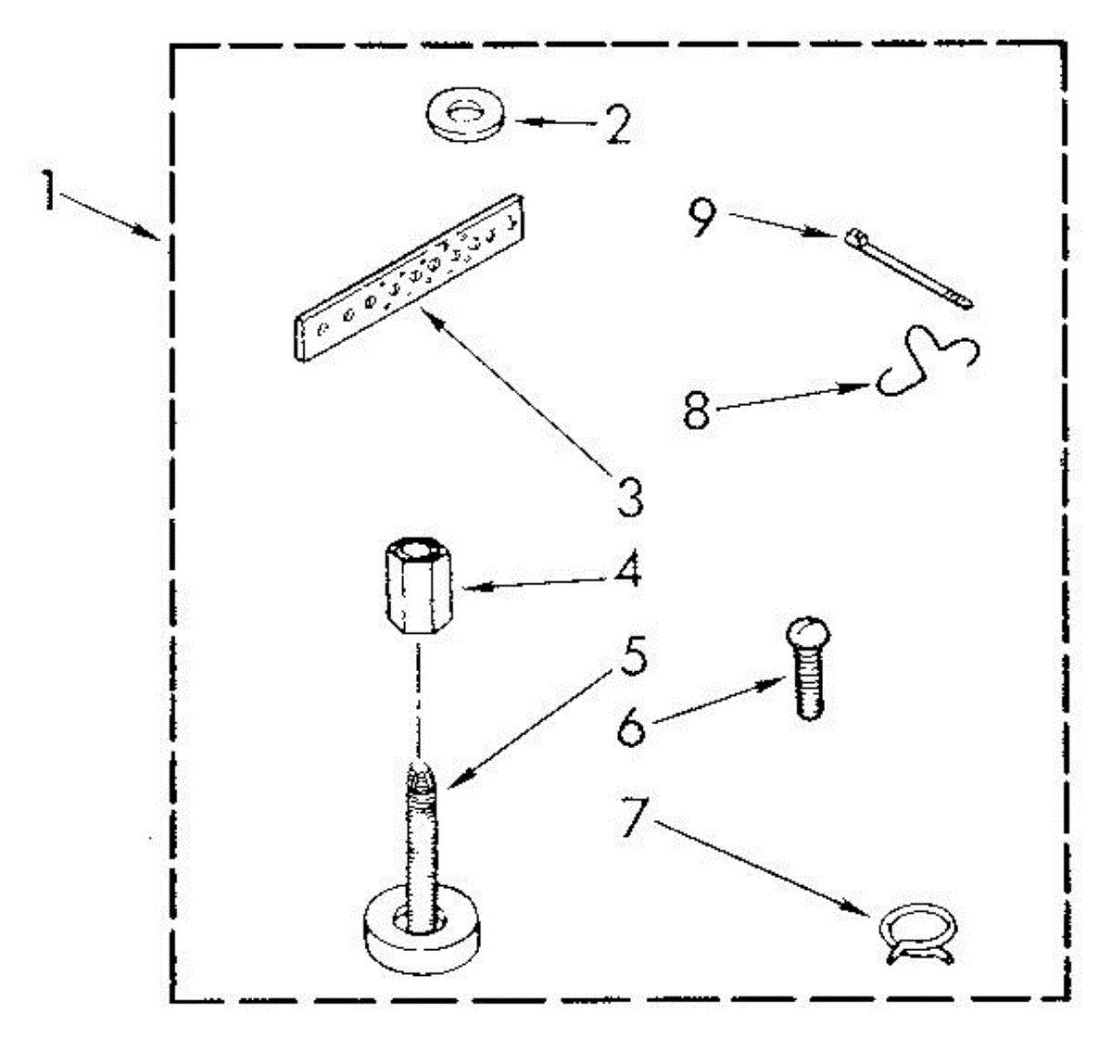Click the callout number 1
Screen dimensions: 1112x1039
click(x=49, y=190)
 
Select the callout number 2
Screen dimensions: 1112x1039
click(x=618, y=122)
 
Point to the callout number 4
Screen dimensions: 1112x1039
click(x=627, y=569)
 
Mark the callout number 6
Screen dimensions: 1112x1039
click(x=631, y=727)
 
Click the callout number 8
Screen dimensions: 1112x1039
click(x=697, y=410)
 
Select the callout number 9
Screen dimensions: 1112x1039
click(x=702, y=216)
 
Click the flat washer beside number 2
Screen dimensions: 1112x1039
click(x=465, y=114)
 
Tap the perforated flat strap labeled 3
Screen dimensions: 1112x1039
click(x=409, y=278)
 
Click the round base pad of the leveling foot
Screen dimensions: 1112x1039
click(x=421, y=946)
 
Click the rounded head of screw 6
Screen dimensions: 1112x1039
click(x=809, y=633)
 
